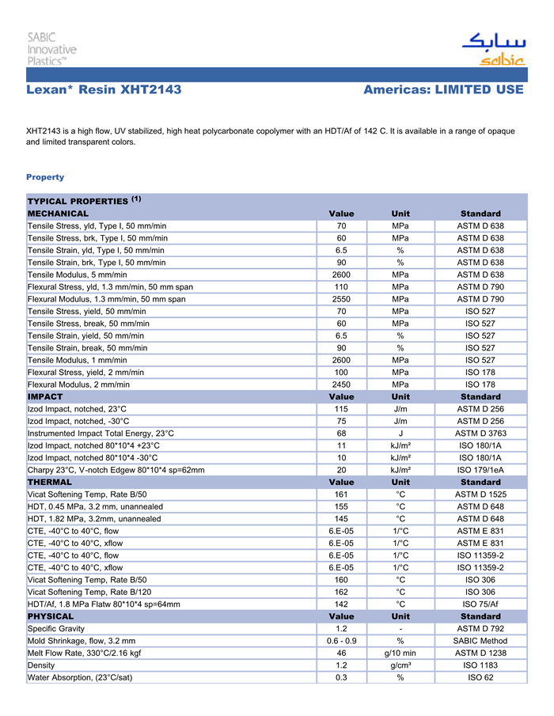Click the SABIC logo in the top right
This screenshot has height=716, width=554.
tap(493, 50)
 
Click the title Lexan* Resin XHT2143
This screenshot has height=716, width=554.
tap(104, 90)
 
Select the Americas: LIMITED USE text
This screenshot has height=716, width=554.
tap(443, 90)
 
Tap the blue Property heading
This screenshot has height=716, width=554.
tap(45, 177)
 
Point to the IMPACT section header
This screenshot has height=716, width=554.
tap(45, 396)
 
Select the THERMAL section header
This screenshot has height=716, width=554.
tap(50, 482)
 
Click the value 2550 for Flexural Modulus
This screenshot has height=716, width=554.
tap(341, 299)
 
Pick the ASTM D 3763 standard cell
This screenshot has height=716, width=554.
tap(480, 434)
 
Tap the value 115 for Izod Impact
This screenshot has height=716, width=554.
tap(341, 409)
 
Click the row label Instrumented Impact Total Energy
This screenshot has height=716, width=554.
tap(101, 434)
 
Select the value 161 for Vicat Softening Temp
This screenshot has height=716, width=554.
tap(341, 494)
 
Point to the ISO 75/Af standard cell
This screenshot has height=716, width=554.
tap(480, 604)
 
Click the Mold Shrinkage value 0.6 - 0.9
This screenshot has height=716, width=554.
tap(341, 641)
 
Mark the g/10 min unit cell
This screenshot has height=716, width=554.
tap(400, 653)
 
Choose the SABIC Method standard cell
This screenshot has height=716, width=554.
tap(480, 641)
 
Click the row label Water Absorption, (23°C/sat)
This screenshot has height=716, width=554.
tap(80, 677)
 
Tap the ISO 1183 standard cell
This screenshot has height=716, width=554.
tap(480, 665)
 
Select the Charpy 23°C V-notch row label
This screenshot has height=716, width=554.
tap(116, 470)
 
